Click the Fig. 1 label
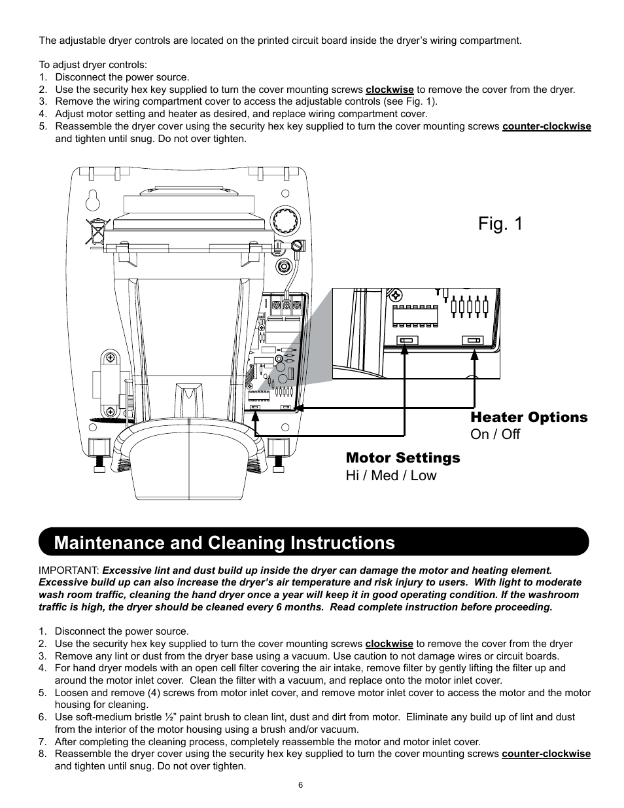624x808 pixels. [500, 224]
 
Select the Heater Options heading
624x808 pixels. [529, 417]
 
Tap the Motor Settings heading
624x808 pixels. [402, 458]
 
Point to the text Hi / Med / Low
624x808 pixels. [390, 476]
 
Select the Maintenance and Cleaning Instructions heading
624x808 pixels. [224, 542]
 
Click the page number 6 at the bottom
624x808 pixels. [300, 786]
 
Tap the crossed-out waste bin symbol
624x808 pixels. [97, 231]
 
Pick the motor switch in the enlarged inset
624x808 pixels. [405, 340]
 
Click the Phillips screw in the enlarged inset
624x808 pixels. [395, 294]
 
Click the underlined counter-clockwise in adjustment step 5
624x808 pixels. [546, 126]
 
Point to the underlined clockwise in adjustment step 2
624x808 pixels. [389, 90]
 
